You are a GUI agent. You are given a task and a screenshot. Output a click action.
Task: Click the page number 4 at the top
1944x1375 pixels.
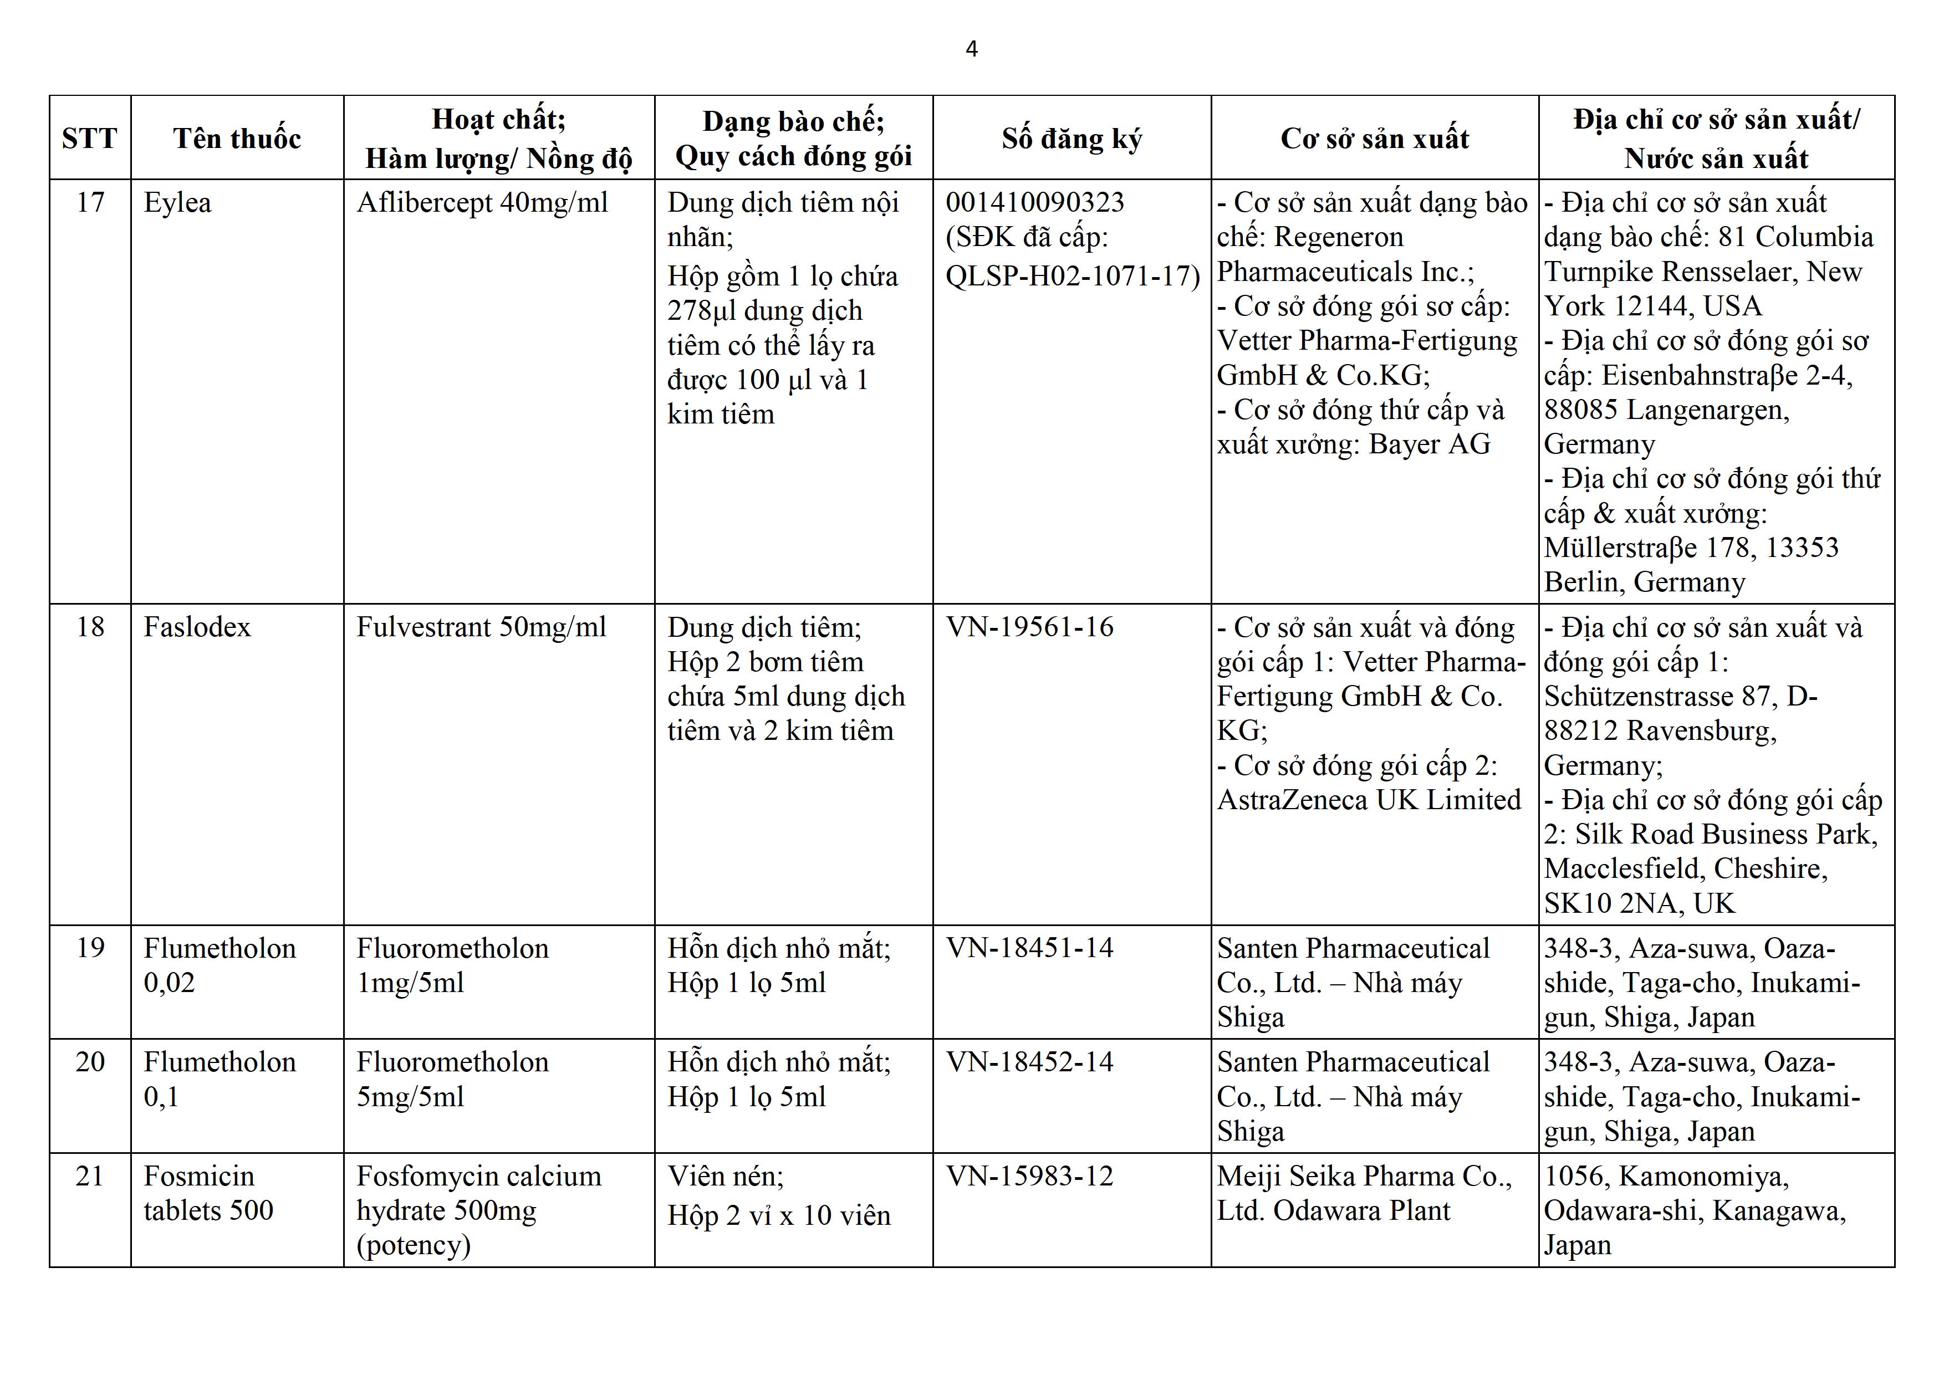click(x=971, y=49)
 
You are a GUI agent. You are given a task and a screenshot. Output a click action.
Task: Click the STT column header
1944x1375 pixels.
click(x=90, y=138)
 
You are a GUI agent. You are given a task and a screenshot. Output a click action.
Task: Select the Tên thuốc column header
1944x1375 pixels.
click(x=237, y=138)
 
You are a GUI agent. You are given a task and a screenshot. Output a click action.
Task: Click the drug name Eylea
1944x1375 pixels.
click(x=178, y=203)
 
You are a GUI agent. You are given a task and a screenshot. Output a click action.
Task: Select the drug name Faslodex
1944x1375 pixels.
click(x=197, y=627)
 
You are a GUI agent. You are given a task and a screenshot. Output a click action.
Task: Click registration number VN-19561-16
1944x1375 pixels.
click(x=1029, y=627)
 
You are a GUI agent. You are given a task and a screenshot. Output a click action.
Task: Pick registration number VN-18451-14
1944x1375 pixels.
click(x=1029, y=948)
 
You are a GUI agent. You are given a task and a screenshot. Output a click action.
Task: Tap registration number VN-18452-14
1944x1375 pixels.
click(x=1029, y=1062)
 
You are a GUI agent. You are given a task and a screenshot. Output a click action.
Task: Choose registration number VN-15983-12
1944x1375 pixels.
click(x=1029, y=1176)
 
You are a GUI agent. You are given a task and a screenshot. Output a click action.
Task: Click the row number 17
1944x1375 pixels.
click(x=90, y=203)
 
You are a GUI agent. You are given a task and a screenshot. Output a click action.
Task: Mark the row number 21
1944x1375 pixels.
click(x=90, y=1176)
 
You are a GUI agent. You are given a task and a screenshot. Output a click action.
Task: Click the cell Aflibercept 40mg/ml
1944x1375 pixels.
click(x=482, y=203)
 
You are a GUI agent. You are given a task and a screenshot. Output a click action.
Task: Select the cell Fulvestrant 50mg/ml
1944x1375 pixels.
click(x=481, y=627)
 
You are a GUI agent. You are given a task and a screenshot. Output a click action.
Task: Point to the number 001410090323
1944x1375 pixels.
click(x=1035, y=203)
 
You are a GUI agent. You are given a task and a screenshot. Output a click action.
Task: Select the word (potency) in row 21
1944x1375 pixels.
click(x=413, y=1245)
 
